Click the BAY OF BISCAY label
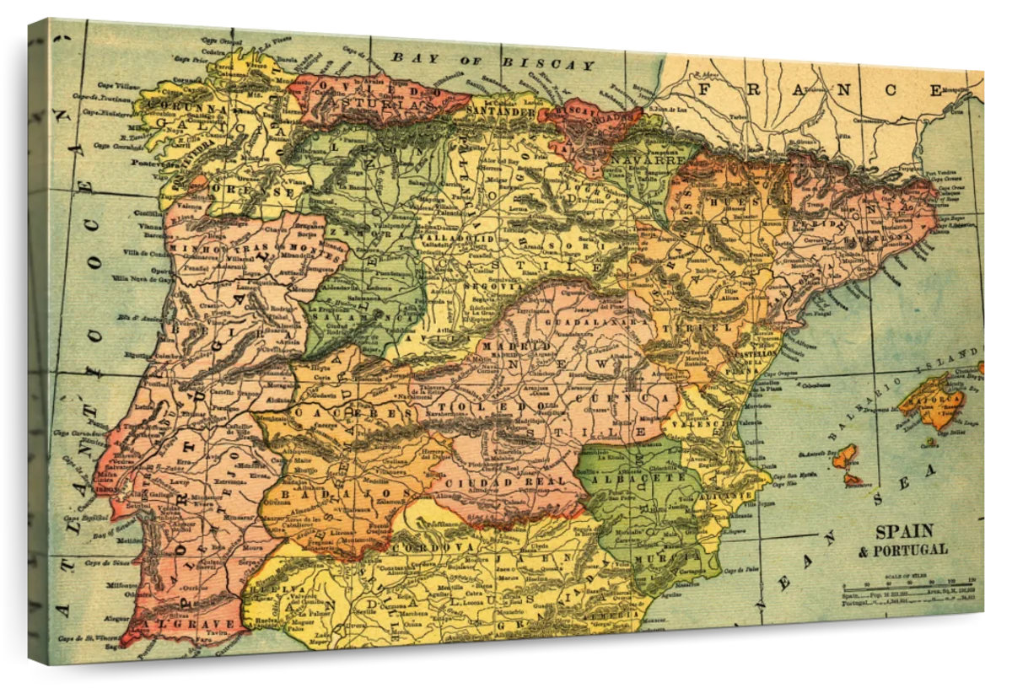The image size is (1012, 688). [x=493, y=62]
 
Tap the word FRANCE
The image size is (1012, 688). [x=822, y=89]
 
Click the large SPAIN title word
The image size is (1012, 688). [x=904, y=532]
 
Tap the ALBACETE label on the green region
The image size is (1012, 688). [x=639, y=478]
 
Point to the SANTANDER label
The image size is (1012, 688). [x=502, y=110]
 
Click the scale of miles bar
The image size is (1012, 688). [x=908, y=584]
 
